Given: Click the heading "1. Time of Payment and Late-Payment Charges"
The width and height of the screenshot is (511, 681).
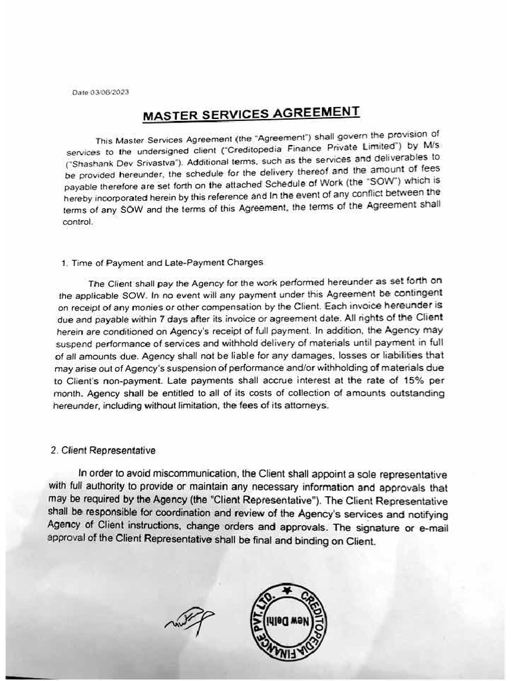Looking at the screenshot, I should tap(162, 262).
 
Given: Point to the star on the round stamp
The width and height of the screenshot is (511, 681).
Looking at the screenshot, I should tap(287, 590).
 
